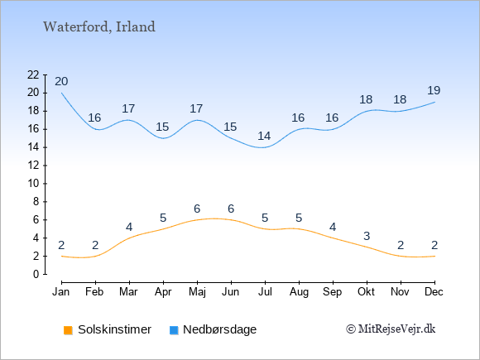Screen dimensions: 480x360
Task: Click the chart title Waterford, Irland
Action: pos(99,27)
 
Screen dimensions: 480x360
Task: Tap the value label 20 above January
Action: pos(61,81)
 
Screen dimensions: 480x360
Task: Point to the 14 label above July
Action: pos(264,136)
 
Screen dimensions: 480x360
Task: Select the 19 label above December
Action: pos(434,90)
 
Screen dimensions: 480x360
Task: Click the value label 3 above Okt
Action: pos(367,236)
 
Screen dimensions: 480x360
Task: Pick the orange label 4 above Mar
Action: pos(129,227)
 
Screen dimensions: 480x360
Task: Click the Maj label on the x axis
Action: pos(197,292)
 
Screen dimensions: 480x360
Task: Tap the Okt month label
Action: pos(366,292)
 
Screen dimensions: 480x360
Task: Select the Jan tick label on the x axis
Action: pos(61,292)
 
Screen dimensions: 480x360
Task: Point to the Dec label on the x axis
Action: pos(434,292)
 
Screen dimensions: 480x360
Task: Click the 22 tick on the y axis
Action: pos(33,74)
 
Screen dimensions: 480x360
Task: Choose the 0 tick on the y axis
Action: pos(36,274)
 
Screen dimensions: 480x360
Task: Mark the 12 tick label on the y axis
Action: pos(33,166)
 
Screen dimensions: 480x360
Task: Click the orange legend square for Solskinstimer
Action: pos(68,330)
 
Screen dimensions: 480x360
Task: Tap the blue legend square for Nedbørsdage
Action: pos(174,330)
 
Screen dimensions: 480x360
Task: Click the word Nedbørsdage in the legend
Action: pos(219,329)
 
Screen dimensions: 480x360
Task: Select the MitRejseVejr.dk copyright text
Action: pos(391,329)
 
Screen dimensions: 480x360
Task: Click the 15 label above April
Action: pos(162,127)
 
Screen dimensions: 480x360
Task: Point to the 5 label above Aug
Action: pos(299,218)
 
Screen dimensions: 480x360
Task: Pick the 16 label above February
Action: pos(94,118)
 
